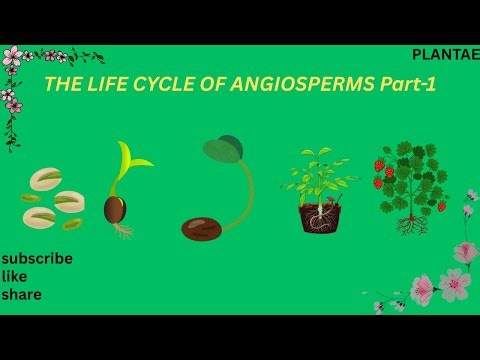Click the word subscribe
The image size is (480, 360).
[37, 258]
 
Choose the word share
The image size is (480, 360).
[21, 295]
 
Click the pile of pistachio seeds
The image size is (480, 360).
[53, 198]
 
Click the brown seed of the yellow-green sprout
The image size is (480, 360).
[116, 209]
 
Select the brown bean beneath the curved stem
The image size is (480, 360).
[202, 229]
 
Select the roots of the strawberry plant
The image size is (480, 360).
[411, 225]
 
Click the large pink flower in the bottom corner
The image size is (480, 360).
[455, 284]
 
